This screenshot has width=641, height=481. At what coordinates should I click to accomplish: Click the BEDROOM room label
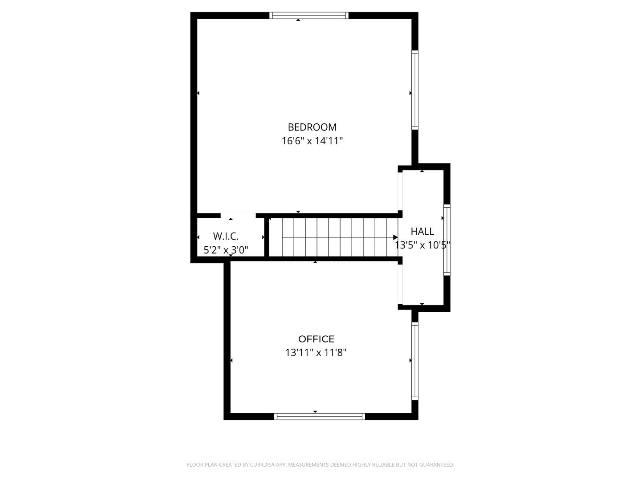coord(312,127)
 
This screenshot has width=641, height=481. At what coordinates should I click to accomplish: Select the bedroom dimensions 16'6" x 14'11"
coord(312,141)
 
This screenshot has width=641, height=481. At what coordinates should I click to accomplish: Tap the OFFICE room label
coord(316,339)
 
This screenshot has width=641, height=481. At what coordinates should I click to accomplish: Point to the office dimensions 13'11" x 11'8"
coord(316,353)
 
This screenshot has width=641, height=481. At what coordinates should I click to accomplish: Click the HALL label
coord(422,232)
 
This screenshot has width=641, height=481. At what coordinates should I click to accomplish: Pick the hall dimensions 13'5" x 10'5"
coord(422,245)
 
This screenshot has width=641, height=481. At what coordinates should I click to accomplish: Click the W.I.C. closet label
coord(226,236)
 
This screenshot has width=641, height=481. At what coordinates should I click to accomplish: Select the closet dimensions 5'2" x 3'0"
coord(226,250)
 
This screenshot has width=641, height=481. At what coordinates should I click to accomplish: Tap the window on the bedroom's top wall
coord(309,16)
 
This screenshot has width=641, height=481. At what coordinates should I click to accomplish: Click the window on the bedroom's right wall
coord(415,90)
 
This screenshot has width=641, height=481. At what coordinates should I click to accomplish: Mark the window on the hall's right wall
coord(447,240)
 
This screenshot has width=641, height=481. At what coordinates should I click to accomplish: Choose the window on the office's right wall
coord(415,361)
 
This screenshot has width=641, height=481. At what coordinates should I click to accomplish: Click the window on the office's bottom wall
coord(320,416)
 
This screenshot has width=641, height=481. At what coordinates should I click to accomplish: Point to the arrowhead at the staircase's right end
coord(395,237)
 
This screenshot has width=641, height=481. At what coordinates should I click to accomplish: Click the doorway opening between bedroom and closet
coord(238,216)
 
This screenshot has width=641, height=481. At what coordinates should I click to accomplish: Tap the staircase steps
coord(334,237)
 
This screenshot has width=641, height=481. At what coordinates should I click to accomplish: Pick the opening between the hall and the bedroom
coord(400,192)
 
